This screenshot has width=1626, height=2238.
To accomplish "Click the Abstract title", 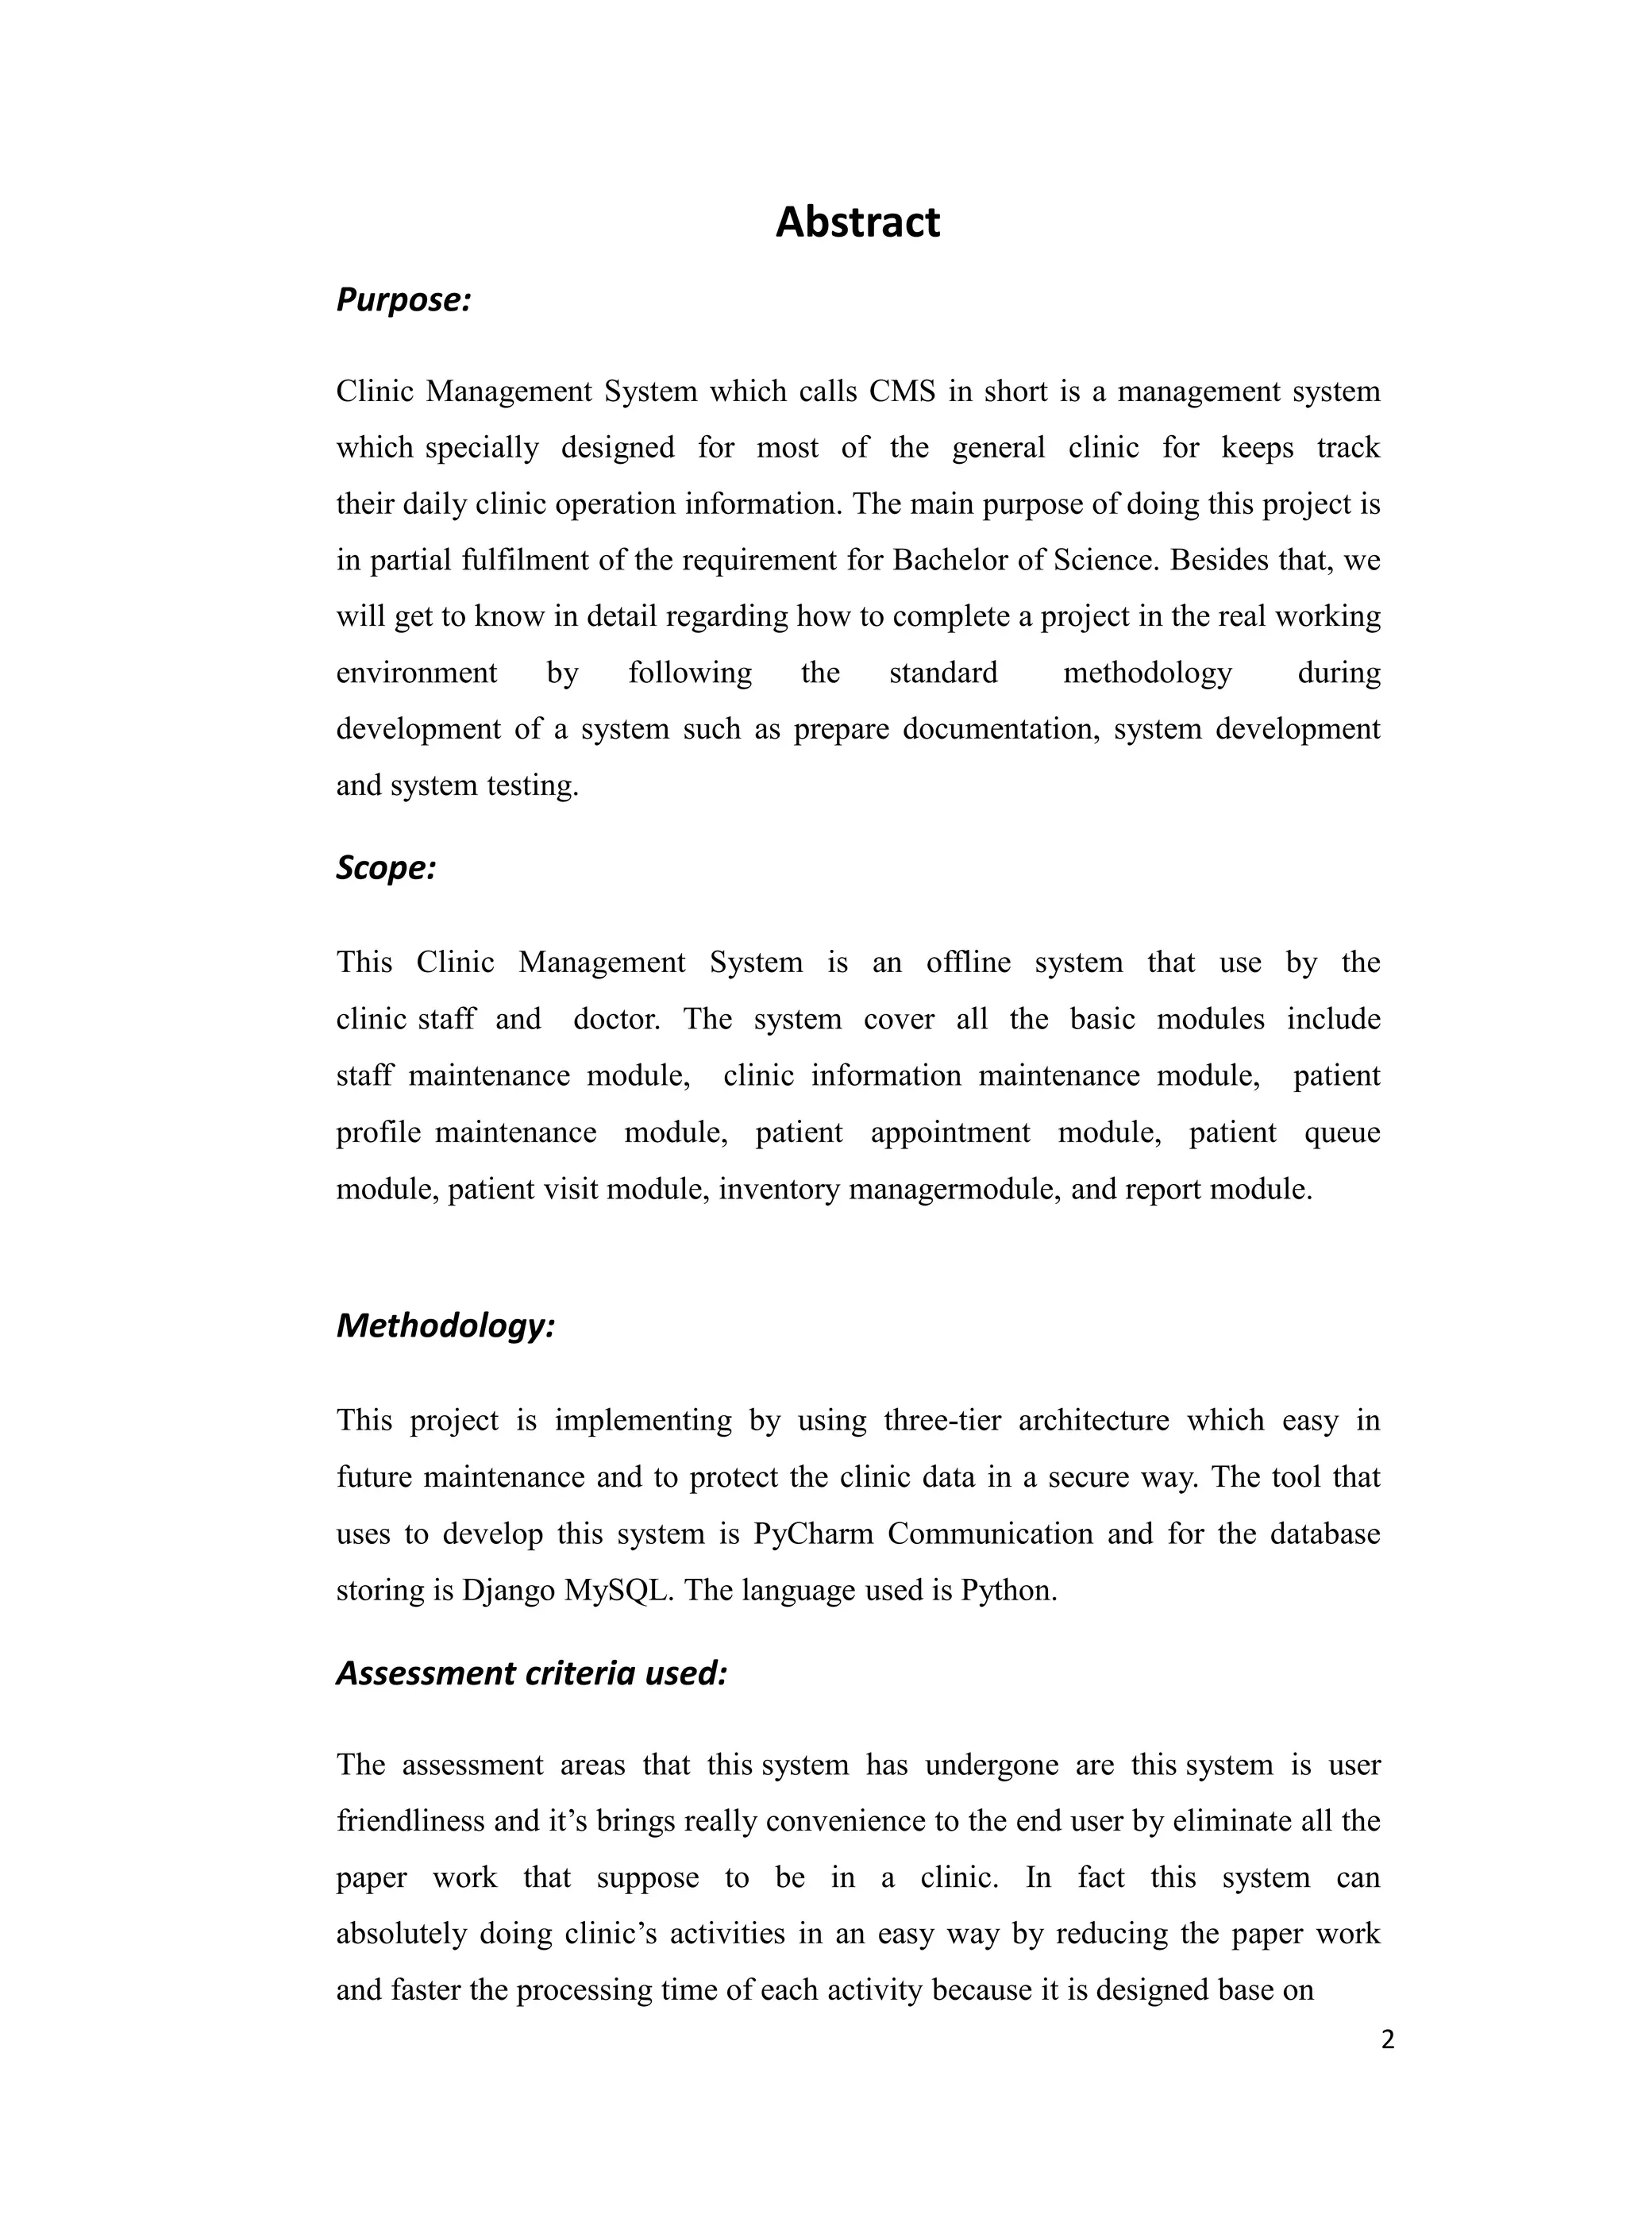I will (x=857, y=222).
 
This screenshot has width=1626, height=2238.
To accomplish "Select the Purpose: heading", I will (x=403, y=299).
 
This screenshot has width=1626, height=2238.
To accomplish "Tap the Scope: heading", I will (x=386, y=867).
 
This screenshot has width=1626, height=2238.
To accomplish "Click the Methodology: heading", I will (x=446, y=1325).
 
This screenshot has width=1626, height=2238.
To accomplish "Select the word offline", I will (x=968, y=962).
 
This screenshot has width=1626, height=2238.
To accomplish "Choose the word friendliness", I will (x=410, y=1820).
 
